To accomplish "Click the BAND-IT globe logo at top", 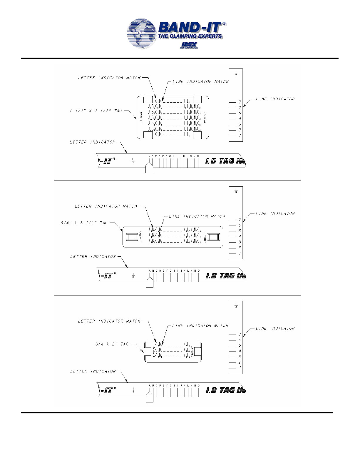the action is point(142,34).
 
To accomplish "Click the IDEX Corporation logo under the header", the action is point(189,46).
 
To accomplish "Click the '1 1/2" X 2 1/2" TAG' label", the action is point(96,111).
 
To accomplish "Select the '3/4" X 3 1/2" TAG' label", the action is point(84,223).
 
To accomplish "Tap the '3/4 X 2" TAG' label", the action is point(112,344).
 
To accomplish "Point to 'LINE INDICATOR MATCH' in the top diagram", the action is point(200,81).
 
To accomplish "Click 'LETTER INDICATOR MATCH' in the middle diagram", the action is point(106,206).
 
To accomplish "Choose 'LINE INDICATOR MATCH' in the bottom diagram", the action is point(200,325).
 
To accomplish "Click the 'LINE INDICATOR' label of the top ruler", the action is point(275,99).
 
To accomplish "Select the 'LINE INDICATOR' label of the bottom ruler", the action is point(275,328).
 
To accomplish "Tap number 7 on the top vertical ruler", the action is point(240,102).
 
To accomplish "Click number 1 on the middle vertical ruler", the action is point(240,253).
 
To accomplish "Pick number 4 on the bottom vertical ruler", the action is point(240,351).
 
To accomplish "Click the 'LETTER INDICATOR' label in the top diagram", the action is point(92,142).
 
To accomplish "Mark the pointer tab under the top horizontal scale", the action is point(149,168).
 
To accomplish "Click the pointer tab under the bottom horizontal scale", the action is point(150,397).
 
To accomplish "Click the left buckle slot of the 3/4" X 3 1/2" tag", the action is point(132,237).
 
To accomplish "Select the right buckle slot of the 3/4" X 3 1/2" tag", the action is point(214,237).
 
